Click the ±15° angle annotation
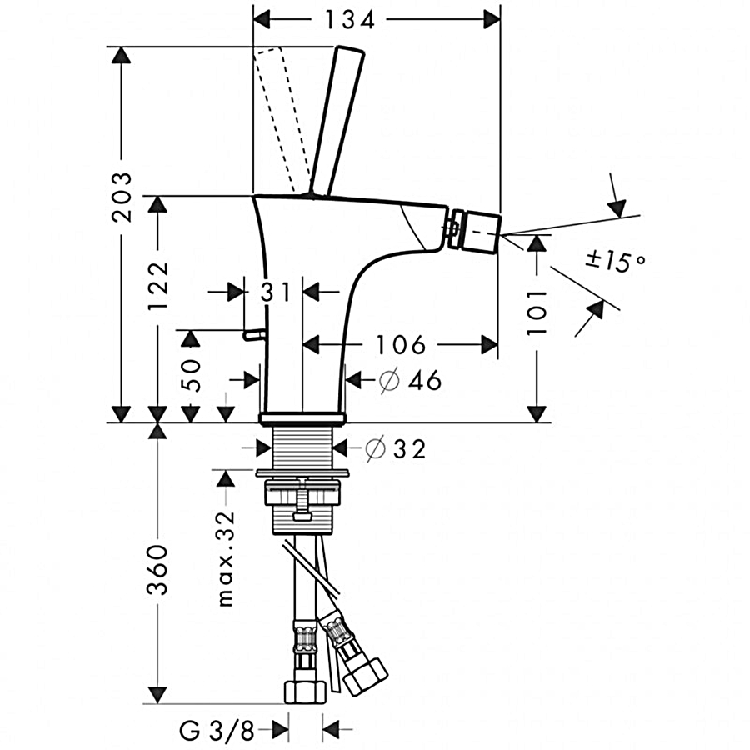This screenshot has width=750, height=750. (616, 260)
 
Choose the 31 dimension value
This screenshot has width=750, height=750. (274, 292)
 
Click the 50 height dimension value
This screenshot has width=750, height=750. (192, 376)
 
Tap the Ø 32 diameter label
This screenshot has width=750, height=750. (397, 449)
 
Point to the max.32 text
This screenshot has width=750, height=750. (226, 558)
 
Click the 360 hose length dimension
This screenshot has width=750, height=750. (157, 569)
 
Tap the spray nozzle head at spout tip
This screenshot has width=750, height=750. (474, 230)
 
